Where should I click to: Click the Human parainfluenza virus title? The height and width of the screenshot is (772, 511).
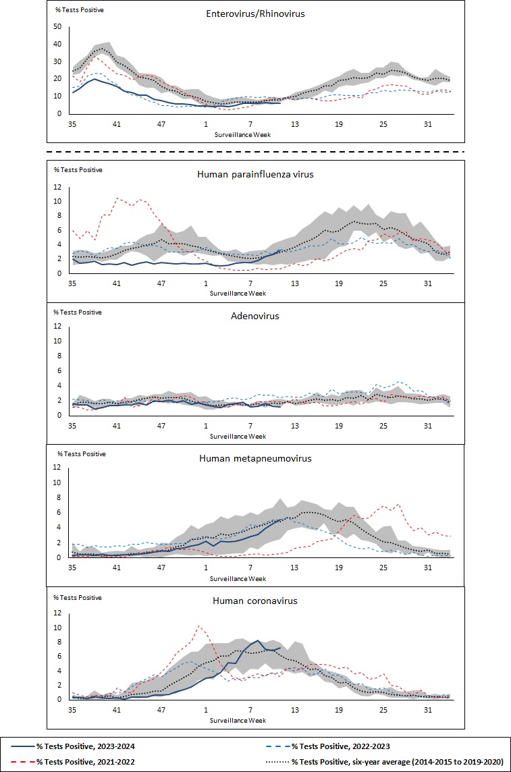tap(255, 173)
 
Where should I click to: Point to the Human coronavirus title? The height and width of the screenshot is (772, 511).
tap(255, 600)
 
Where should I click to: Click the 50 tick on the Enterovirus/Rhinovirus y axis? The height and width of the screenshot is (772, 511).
tap(57, 27)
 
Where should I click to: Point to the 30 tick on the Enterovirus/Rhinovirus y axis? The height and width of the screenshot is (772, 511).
tap(57, 61)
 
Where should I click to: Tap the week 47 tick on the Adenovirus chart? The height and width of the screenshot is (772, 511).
tap(161, 426)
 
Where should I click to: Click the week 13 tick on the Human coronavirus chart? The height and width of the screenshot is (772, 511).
tap(295, 711)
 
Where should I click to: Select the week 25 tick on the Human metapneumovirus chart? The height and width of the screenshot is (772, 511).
tap(383, 569)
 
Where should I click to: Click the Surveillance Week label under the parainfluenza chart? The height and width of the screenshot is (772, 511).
tap(238, 294)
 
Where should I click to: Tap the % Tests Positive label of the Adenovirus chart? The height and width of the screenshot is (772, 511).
tap(77, 312)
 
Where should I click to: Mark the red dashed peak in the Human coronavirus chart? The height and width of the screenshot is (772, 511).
tap(199, 626)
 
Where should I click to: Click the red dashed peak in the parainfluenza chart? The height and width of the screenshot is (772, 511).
tap(117, 198)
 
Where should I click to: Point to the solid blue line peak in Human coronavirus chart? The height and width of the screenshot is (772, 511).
tap(258, 640)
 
